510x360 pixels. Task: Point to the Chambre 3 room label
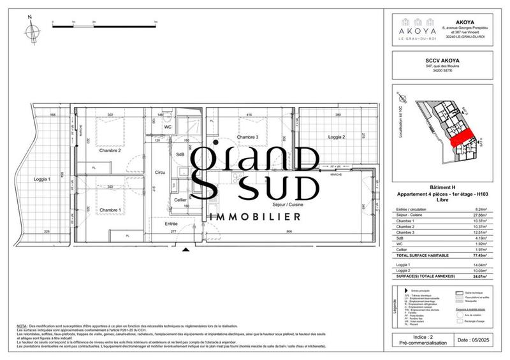(x=247, y=138)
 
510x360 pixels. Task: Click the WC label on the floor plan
(x=168, y=126)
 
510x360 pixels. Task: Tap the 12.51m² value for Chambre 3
(x=488, y=232)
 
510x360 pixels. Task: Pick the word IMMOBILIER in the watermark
(x=258, y=217)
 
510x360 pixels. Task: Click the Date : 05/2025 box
(x=477, y=341)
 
